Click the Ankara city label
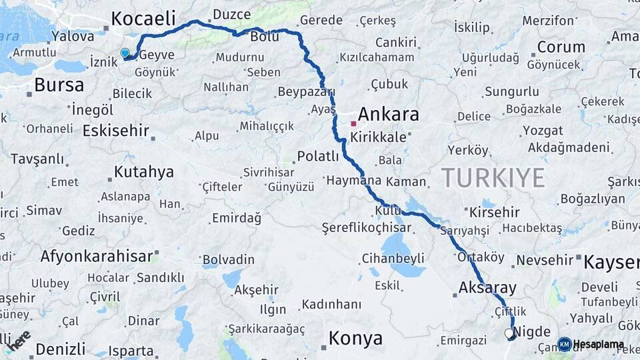coord(389,114)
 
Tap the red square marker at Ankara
coord(353,123)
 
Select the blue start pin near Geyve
coord(125,53)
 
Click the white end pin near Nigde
coord(509,333)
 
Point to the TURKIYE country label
coord(493,178)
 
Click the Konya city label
coord(355,339)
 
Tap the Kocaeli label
coord(143,18)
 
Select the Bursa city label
coord(59,85)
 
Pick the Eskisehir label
coord(115,130)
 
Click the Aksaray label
coord(487,288)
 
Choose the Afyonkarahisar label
coord(97,255)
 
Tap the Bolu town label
coord(265,37)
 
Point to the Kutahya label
coord(143,172)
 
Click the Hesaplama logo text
coord(599,345)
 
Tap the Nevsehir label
coord(545,259)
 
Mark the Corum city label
coord(561,47)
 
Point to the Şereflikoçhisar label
coord(366,227)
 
